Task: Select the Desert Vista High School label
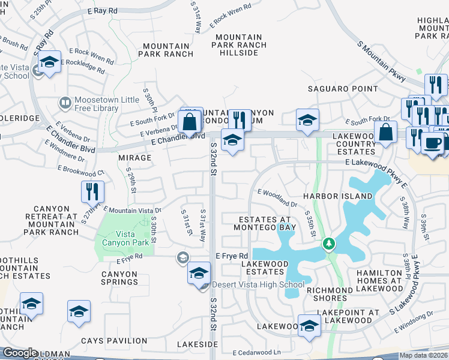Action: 259,284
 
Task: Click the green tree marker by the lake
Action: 328,244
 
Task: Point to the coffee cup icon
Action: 432,143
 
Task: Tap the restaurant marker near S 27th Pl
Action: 92,191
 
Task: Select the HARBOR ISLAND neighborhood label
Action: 337,196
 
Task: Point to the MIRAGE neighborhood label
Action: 135,158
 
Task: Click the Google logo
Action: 20,353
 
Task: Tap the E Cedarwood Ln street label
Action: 257,352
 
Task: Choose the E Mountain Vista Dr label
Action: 133,210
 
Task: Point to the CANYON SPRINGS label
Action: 119,278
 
